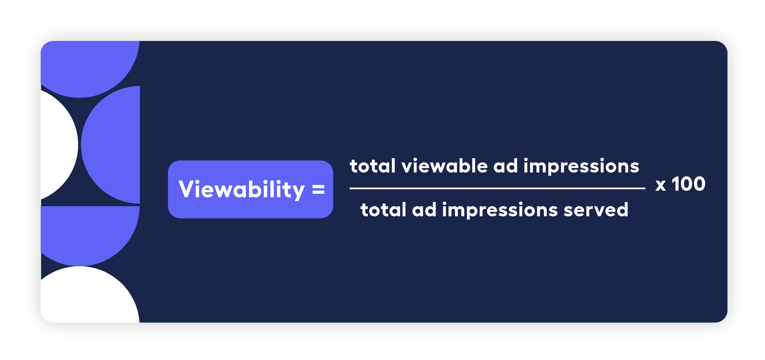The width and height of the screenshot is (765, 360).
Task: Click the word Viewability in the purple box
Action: (241, 189)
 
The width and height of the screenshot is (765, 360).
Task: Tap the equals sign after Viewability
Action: (318, 189)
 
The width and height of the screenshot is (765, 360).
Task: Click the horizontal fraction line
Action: (497, 188)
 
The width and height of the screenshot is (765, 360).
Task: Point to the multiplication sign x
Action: (660, 185)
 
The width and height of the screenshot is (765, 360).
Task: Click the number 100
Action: (688, 184)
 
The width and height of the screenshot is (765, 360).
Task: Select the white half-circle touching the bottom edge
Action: (89, 297)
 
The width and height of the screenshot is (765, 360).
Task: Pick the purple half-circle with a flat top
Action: (89, 231)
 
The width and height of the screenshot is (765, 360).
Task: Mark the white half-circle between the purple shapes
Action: (58, 145)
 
